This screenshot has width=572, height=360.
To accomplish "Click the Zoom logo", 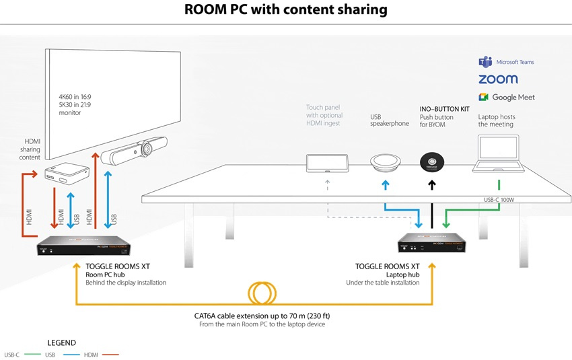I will click(x=498, y=79).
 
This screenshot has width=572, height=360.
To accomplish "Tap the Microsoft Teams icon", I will click(x=485, y=62).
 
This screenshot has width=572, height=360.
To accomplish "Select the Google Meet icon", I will click(x=484, y=98).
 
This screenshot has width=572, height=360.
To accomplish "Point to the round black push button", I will click(x=433, y=161).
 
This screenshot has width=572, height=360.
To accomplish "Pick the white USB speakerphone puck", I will click(x=385, y=162).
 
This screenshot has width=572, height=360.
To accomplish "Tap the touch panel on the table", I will click(x=328, y=164).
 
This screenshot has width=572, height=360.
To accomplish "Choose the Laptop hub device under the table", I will click(x=432, y=244).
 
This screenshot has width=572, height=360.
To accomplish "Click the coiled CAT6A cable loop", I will click(x=262, y=293).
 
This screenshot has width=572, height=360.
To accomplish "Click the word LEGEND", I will click(x=61, y=343).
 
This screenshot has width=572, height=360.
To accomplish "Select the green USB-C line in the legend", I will click(x=30, y=354).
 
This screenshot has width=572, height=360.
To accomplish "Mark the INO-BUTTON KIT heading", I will click(x=445, y=108).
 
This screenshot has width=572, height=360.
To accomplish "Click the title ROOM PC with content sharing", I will click(x=286, y=9).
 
